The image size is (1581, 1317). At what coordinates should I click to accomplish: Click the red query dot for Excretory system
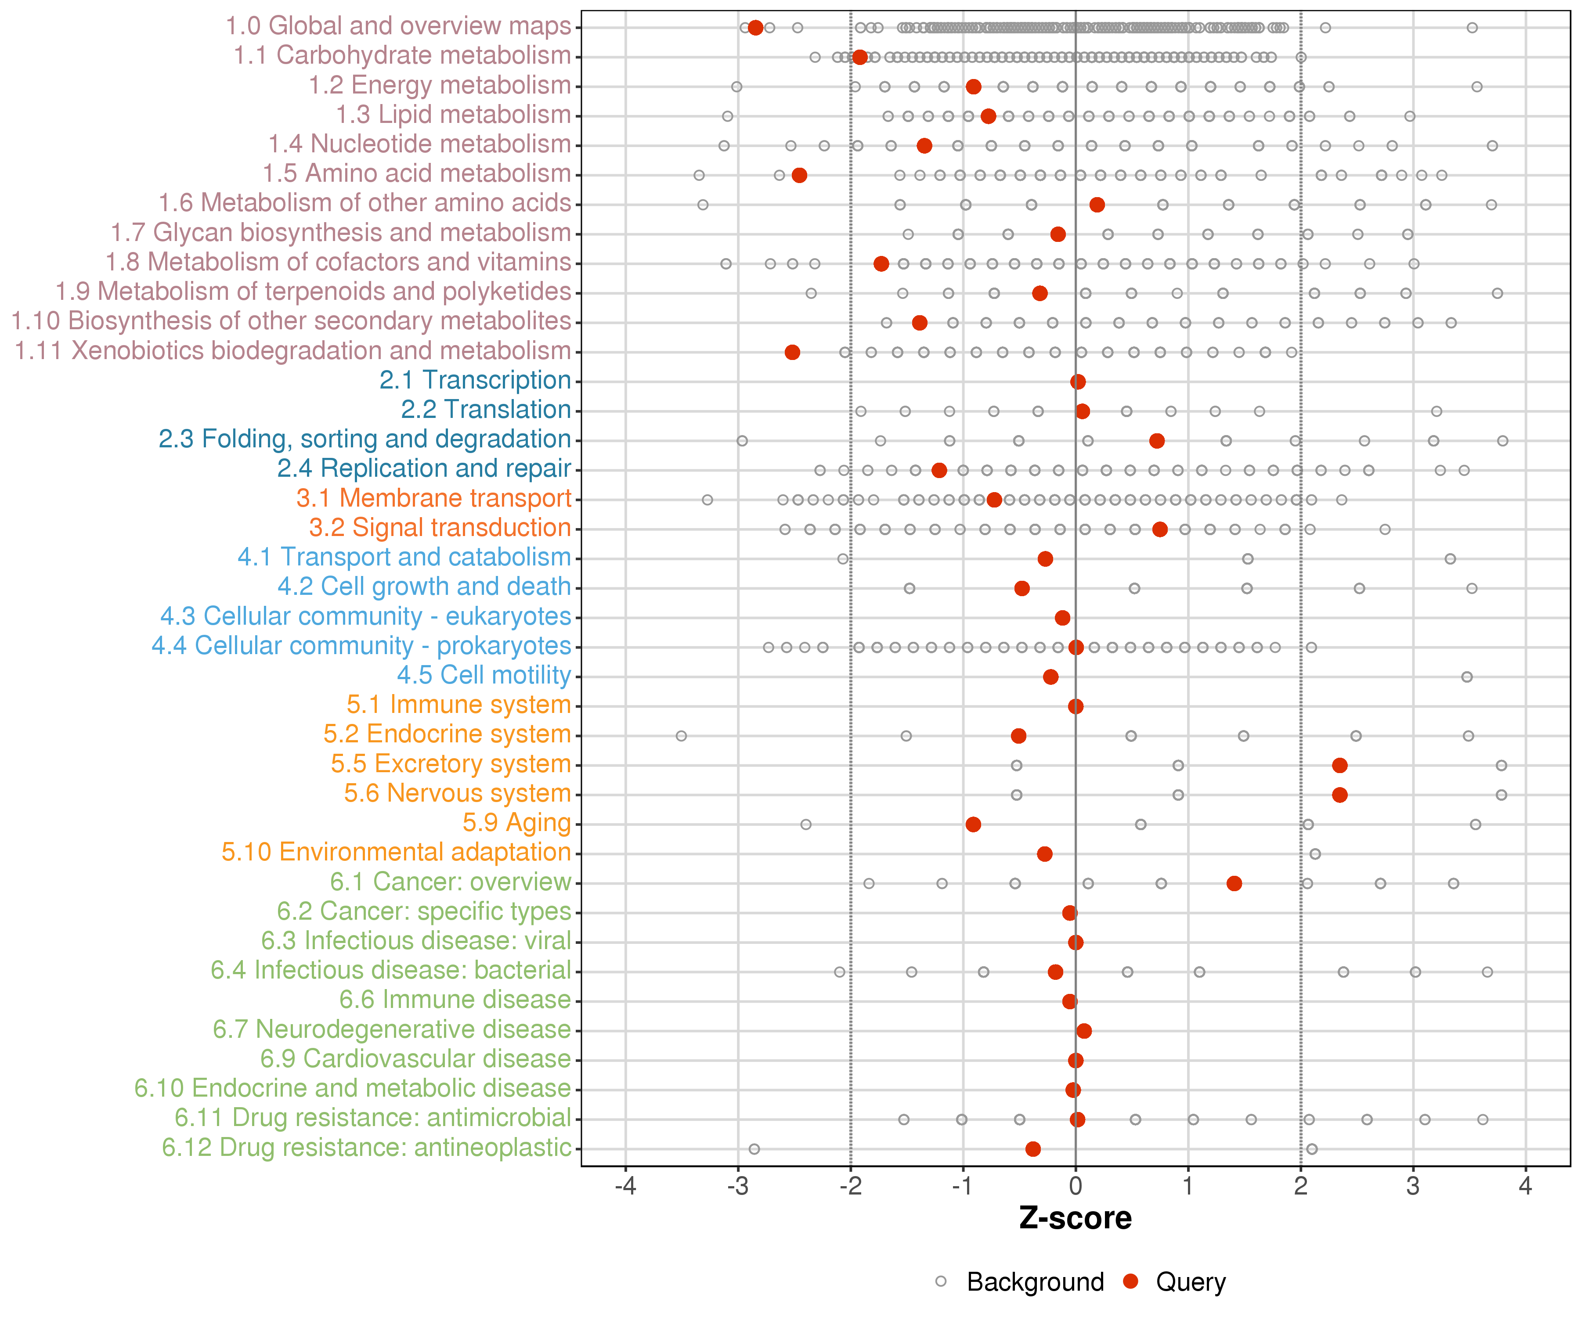[1339, 765]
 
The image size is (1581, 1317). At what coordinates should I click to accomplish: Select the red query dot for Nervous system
[1339, 795]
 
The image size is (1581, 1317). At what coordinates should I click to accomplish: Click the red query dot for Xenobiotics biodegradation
[792, 352]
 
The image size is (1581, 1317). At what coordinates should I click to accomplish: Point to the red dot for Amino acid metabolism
[800, 175]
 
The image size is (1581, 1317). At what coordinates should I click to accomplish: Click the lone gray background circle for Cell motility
[1466, 676]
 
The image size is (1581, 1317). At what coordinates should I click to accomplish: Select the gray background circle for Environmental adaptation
[1315, 853]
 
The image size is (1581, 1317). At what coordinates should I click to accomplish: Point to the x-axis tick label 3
[1413, 1186]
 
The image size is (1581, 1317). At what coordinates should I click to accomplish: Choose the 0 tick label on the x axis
[1076, 1186]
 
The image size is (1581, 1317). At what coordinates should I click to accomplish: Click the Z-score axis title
[1076, 1218]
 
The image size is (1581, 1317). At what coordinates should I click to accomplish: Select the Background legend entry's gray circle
[941, 1281]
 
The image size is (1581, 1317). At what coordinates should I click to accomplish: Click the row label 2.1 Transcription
[475, 380]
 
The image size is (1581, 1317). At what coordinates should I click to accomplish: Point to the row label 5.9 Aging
[516, 823]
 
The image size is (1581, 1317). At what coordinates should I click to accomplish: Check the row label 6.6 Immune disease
[455, 1000]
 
